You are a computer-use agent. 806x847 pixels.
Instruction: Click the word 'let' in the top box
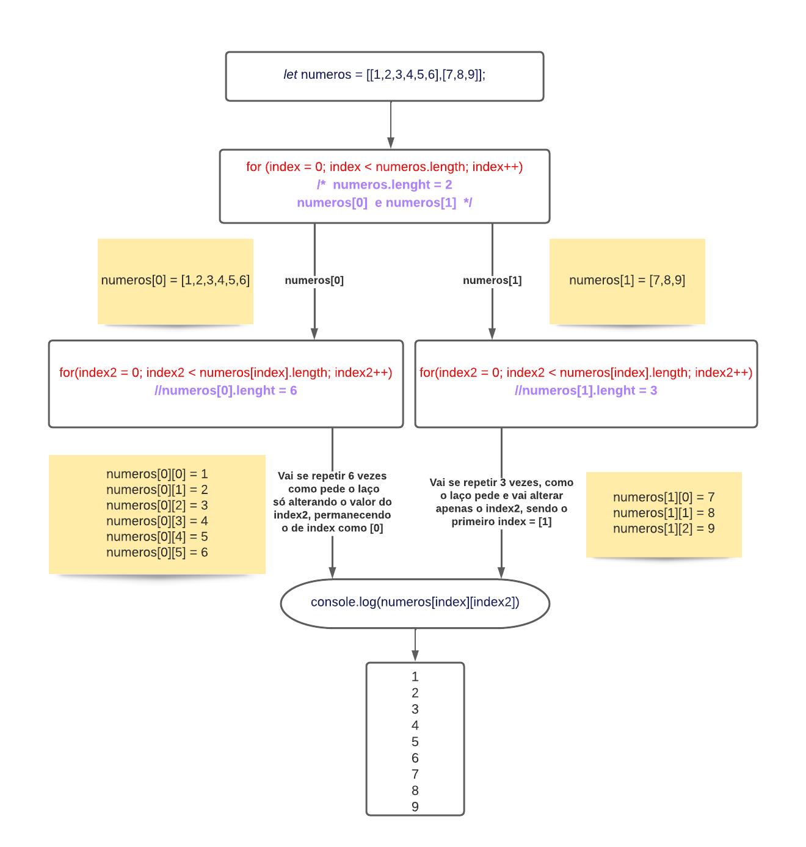290,75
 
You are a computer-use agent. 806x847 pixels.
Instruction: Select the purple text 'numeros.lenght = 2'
392,184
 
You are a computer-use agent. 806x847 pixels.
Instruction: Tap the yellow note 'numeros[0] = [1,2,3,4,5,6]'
175,280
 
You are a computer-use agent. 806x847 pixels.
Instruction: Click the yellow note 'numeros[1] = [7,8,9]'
627,280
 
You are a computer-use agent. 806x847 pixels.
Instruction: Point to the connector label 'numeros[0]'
314,280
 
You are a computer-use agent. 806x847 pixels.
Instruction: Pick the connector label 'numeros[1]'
492,280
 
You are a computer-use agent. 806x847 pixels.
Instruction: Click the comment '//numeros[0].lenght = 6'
226,390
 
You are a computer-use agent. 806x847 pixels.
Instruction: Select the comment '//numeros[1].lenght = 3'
586,390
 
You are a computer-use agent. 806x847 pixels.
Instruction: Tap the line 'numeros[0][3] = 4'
157,521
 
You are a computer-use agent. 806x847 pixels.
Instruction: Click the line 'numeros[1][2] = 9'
664,528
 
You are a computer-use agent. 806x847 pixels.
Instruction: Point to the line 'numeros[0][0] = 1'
157,474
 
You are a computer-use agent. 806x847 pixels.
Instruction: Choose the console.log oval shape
415,603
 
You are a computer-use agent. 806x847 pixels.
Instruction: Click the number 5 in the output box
415,741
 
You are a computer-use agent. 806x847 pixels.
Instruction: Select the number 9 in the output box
415,807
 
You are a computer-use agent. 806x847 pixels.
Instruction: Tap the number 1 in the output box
415,677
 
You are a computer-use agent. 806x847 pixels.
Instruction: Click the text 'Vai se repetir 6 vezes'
332,476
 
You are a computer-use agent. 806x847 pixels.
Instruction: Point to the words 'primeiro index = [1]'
501,522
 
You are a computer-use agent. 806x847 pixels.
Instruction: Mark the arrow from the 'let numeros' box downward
391,125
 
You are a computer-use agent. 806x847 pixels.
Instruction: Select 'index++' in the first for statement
497,167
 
